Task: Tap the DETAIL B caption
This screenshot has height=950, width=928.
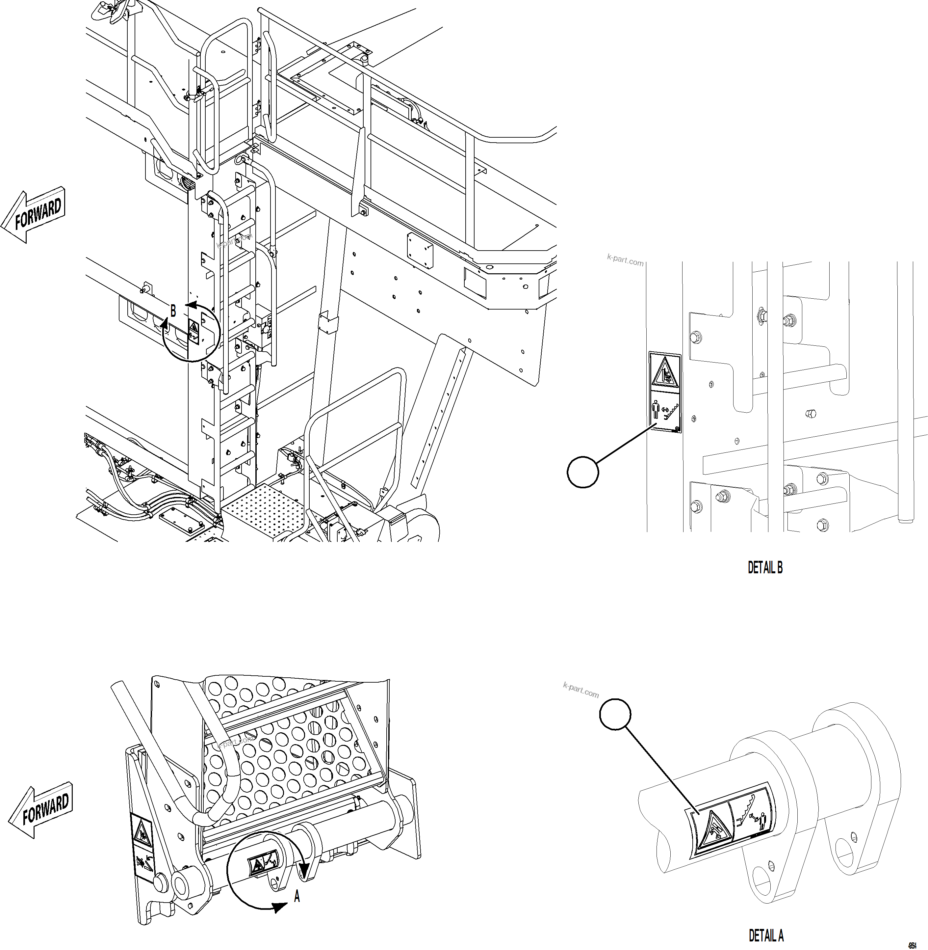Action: (x=765, y=568)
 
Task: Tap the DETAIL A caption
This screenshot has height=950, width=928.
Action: (x=766, y=936)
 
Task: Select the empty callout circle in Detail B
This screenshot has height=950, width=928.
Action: (x=583, y=472)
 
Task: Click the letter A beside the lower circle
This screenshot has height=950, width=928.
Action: (x=297, y=896)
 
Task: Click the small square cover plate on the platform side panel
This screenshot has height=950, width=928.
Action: (x=420, y=250)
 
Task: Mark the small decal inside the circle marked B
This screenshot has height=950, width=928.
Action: (x=193, y=331)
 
